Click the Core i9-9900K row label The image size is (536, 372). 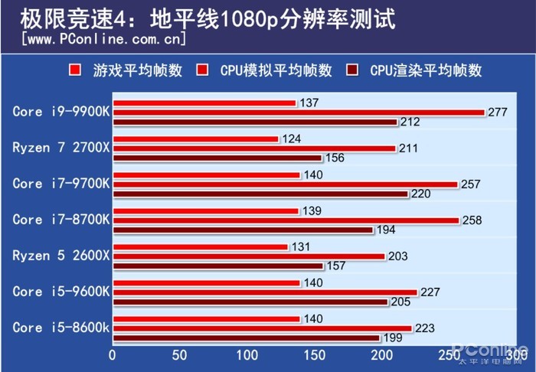click(x=61, y=112)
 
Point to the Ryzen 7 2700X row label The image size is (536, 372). click(x=61, y=148)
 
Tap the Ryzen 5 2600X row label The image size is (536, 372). click(x=61, y=256)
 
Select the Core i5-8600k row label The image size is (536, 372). click(x=61, y=328)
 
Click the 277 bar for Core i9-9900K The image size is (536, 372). click(x=299, y=112)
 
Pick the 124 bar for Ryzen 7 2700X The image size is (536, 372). click(x=195, y=139)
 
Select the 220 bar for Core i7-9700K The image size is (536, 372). click(x=260, y=194)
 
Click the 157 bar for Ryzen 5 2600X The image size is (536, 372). click(x=217, y=266)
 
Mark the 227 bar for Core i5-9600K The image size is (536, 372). click(x=265, y=292)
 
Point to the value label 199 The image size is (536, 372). click(x=391, y=338)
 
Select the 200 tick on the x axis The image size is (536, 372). click(x=382, y=356)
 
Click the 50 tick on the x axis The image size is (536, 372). click(x=180, y=356)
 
